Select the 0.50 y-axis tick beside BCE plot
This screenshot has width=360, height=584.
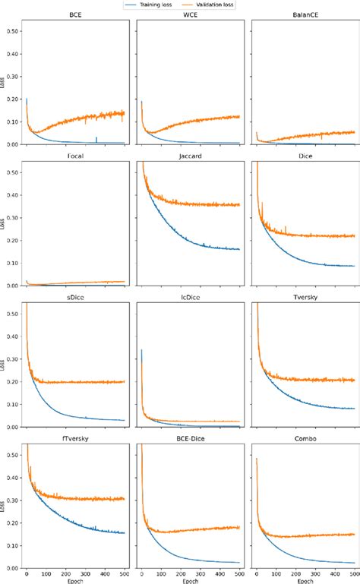pyautogui.click(x=13, y=32)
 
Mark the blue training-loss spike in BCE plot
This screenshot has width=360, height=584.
pyautogui.click(x=96, y=138)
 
